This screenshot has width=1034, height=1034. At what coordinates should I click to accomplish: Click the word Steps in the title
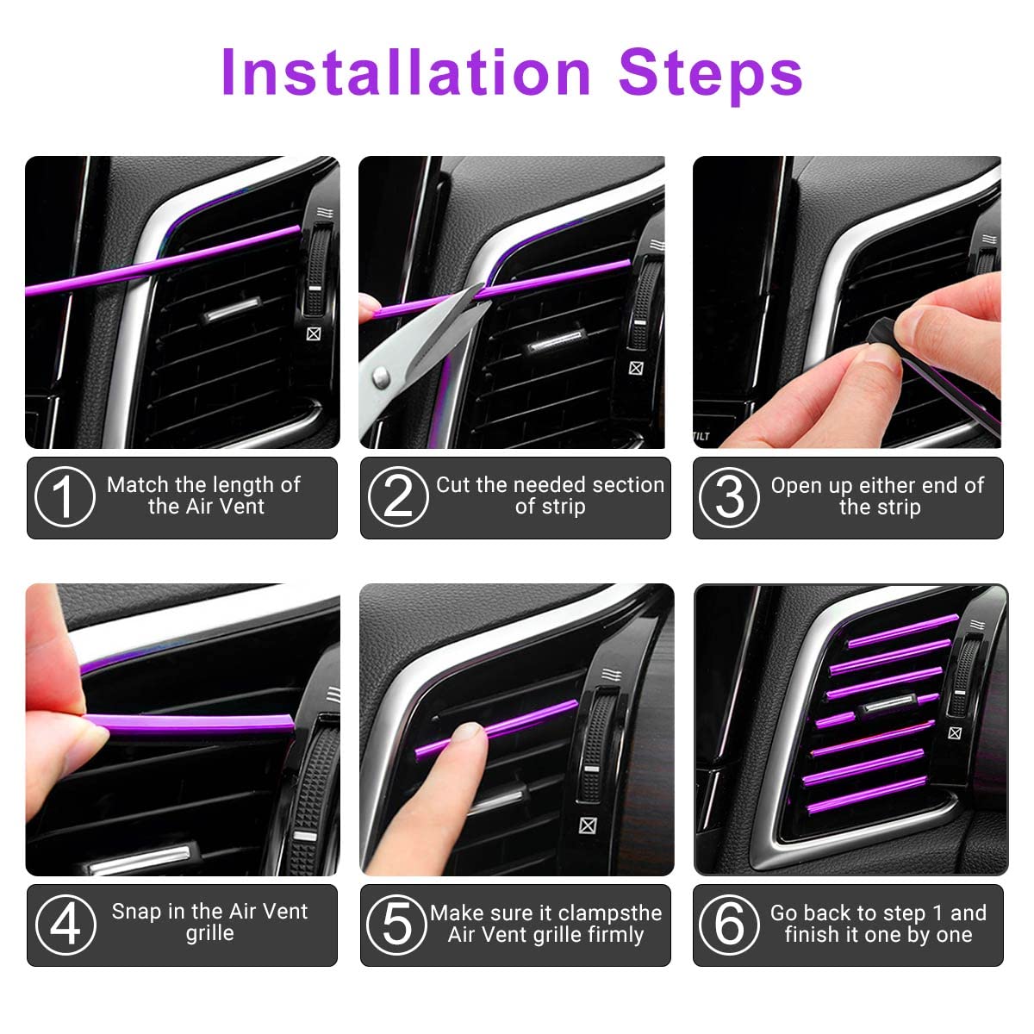tap(710, 73)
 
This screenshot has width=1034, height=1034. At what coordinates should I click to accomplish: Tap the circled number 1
tap(64, 497)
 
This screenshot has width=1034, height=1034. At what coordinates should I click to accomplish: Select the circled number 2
tap(397, 497)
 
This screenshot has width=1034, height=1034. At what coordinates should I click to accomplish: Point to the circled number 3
tap(729, 497)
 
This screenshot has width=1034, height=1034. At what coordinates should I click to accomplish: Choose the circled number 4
tap(64, 925)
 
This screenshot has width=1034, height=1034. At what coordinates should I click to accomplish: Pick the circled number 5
tap(397, 925)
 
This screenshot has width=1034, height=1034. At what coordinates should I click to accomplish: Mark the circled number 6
tap(729, 925)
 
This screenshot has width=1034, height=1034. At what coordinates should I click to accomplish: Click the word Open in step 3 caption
tap(797, 486)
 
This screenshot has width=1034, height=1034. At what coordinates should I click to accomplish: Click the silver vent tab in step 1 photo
tap(231, 312)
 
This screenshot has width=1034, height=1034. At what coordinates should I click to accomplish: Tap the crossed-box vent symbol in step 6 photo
tap(954, 733)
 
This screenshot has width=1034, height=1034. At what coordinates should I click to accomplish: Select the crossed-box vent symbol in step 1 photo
tap(314, 334)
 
